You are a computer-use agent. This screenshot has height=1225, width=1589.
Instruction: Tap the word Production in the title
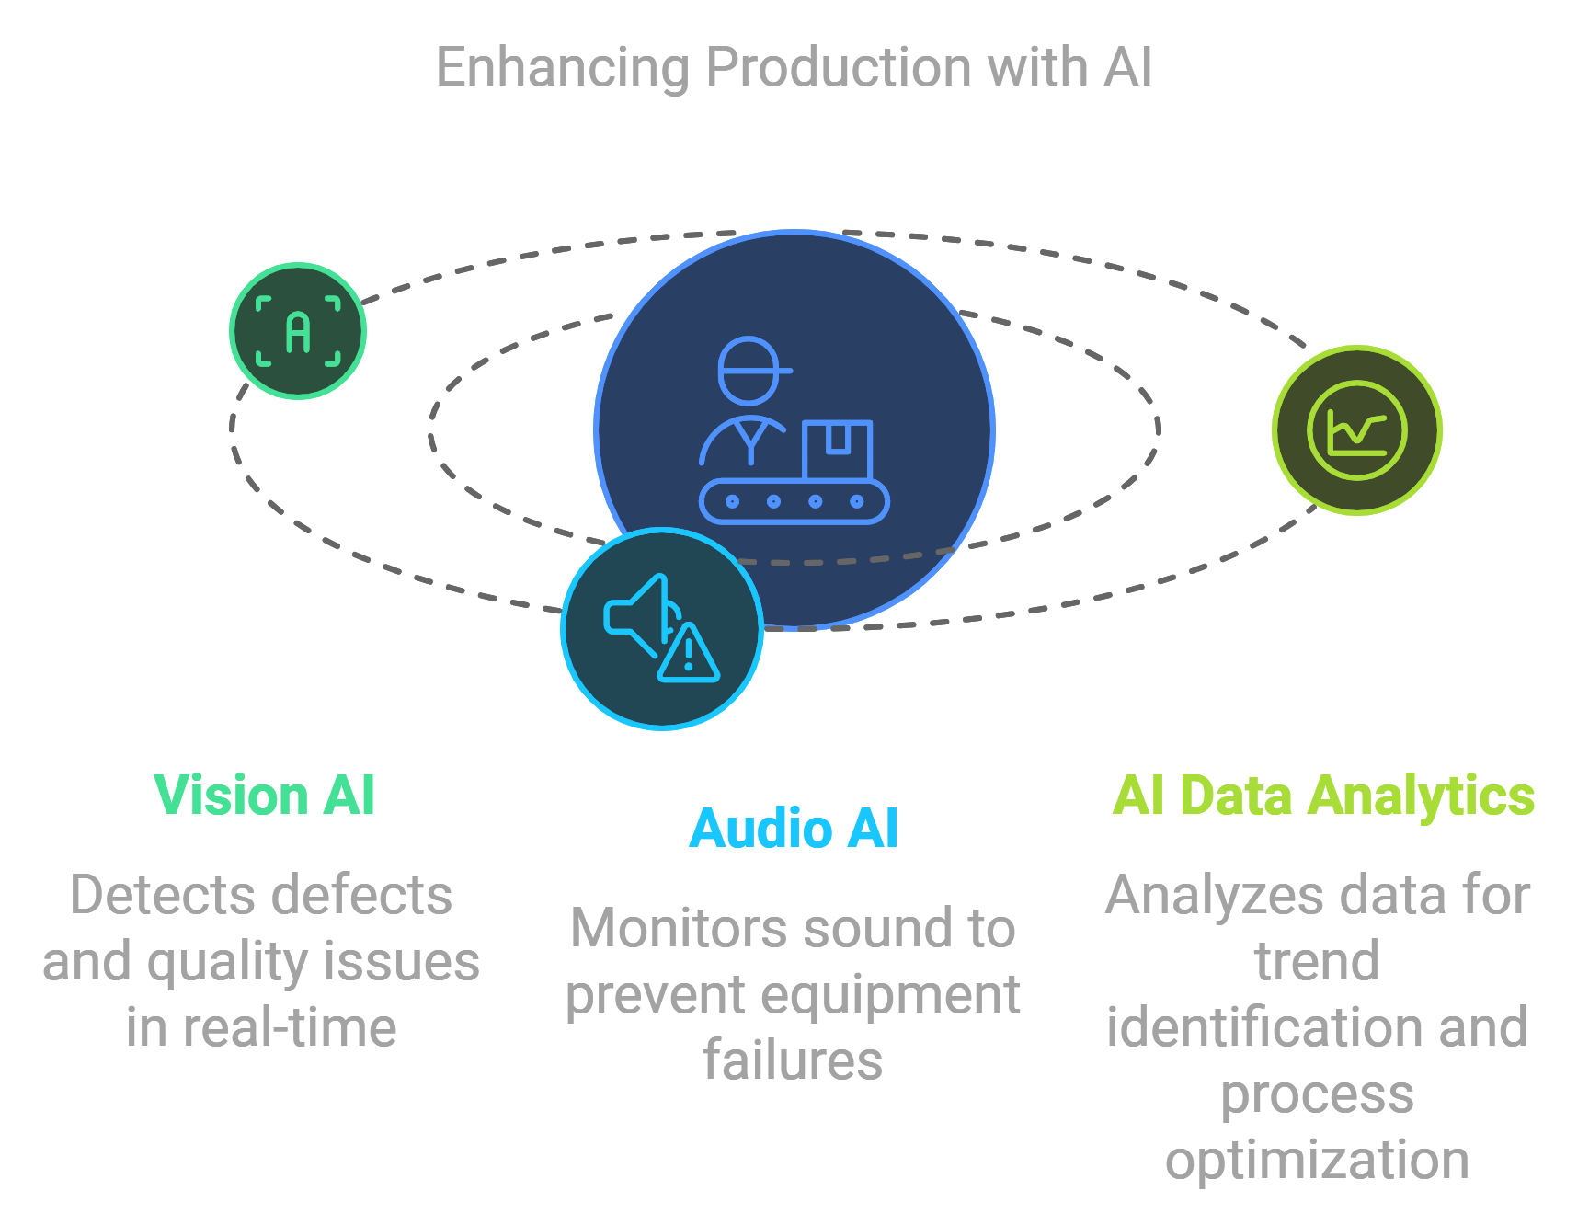(838, 67)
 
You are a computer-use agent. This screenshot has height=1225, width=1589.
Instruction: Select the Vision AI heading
(265, 795)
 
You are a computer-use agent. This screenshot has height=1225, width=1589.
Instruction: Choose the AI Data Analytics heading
(1323, 796)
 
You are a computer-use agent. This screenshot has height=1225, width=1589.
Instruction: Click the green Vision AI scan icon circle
(298, 331)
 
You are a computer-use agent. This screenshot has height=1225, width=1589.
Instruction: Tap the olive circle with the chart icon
(1357, 430)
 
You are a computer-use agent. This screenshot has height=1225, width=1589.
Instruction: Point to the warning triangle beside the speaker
(689, 654)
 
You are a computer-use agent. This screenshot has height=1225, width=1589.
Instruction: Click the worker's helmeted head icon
(751, 371)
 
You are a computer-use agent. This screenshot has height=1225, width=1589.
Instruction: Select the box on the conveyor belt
(837, 450)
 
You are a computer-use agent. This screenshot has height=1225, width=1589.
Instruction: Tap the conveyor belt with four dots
(794, 501)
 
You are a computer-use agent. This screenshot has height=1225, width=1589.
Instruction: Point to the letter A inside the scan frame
(298, 332)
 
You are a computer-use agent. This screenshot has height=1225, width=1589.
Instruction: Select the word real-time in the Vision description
(290, 1027)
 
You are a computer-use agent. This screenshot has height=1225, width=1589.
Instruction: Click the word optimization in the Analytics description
(1317, 1162)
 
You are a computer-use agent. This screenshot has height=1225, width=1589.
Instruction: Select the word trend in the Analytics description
(1317, 961)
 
